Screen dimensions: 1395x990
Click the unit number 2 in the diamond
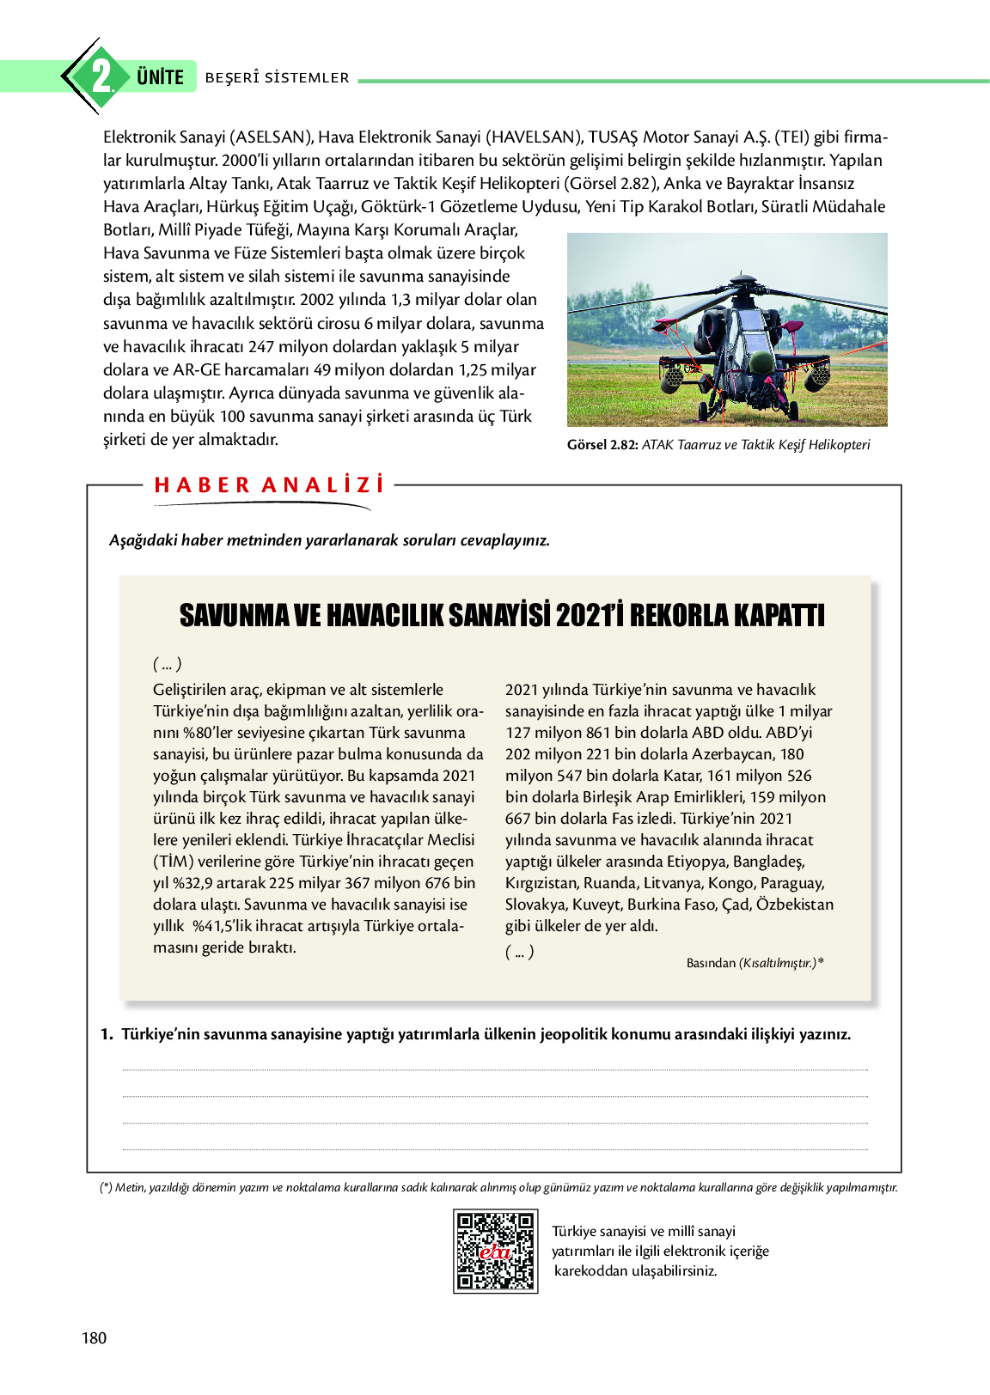pos(101,76)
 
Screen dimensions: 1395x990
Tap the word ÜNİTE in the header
pos(160,77)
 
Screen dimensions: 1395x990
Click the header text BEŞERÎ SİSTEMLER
pos(277,78)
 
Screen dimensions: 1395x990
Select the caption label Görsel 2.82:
pos(602,445)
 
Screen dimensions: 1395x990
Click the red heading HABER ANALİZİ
pos(269,485)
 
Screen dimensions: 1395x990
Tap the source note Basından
pos(711,963)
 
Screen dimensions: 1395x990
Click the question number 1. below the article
pos(107,1034)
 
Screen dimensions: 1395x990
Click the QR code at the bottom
pos(495,1251)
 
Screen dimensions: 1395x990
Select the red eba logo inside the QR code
pos(495,1252)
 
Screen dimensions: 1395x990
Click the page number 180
pos(95,1337)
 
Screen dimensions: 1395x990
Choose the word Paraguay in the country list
pos(791,883)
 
